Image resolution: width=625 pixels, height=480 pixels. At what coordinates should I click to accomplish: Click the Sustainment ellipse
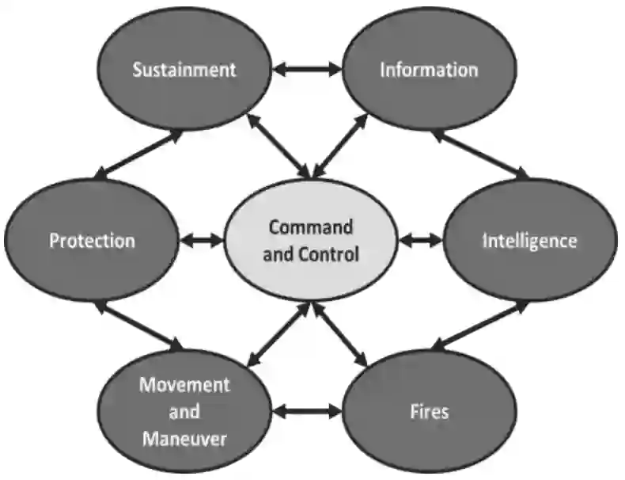(x=184, y=69)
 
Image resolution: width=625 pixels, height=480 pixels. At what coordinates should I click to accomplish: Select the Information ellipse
(x=428, y=69)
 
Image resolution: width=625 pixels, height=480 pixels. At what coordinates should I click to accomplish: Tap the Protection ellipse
(x=92, y=240)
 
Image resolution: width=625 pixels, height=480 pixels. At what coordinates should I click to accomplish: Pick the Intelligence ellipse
(x=529, y=240)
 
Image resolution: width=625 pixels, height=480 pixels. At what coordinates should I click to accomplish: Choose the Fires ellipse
(x=430, y=411)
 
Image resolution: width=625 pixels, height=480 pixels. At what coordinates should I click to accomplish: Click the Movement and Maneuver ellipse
(x=184, y=411)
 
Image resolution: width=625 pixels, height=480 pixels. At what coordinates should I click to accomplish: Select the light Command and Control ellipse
(x=310, y=240)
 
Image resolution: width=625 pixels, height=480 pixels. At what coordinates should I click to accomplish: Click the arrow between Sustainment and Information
(x=306, y=69)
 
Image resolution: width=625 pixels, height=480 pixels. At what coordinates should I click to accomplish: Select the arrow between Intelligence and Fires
(x=479, y=325)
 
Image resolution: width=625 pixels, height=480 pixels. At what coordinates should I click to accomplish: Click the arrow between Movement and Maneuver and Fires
(x=306, y=411)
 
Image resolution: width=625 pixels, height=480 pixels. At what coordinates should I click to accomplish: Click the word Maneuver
(x=184, y=437)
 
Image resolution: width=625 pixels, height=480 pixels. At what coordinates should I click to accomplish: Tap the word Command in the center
(x=310, y=227)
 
